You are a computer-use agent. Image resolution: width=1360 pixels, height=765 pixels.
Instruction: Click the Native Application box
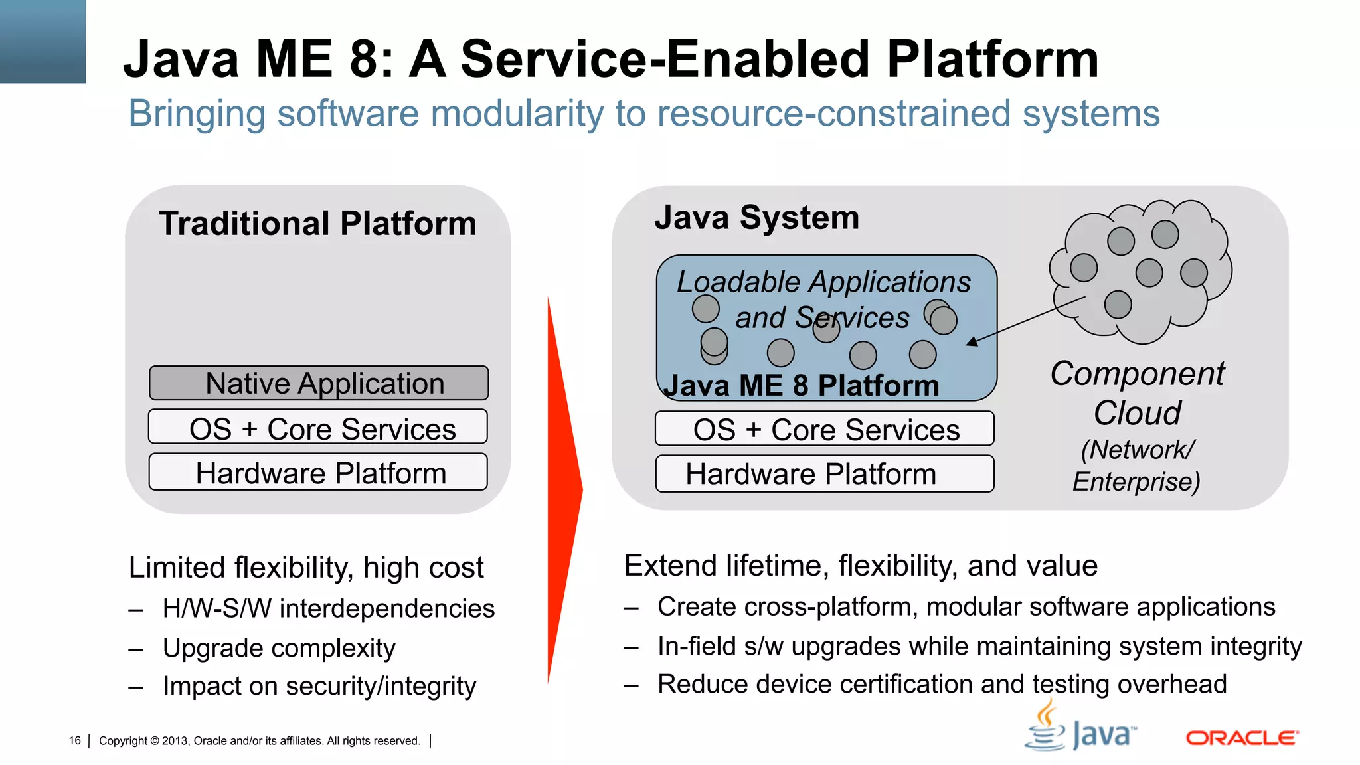pos(319,383)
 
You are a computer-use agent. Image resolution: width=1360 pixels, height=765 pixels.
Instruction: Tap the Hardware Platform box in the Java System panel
pos(824,474)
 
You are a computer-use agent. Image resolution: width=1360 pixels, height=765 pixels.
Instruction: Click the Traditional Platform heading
pos(317,224)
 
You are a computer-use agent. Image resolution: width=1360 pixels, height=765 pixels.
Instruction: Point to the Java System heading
pos(756,218)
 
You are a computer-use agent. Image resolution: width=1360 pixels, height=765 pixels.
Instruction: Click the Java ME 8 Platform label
pos(801,386)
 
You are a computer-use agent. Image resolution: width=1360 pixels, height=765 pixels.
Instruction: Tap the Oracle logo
pos(1241,738)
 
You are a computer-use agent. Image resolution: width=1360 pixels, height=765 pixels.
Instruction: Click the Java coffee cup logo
pos(1046,727)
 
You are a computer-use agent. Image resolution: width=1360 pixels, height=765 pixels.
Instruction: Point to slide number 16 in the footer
pos(74,741)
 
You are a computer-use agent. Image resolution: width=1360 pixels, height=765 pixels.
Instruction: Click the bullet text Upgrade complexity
pos(279,648)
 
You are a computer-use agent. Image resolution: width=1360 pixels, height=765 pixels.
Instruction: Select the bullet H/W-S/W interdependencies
pos(328,609)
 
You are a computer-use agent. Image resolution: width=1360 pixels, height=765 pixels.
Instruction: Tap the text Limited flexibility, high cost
pos(305,568)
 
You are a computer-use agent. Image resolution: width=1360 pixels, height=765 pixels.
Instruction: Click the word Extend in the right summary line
pos(671,566)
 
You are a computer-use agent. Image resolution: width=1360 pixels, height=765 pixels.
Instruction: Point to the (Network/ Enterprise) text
pos(1136,466)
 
